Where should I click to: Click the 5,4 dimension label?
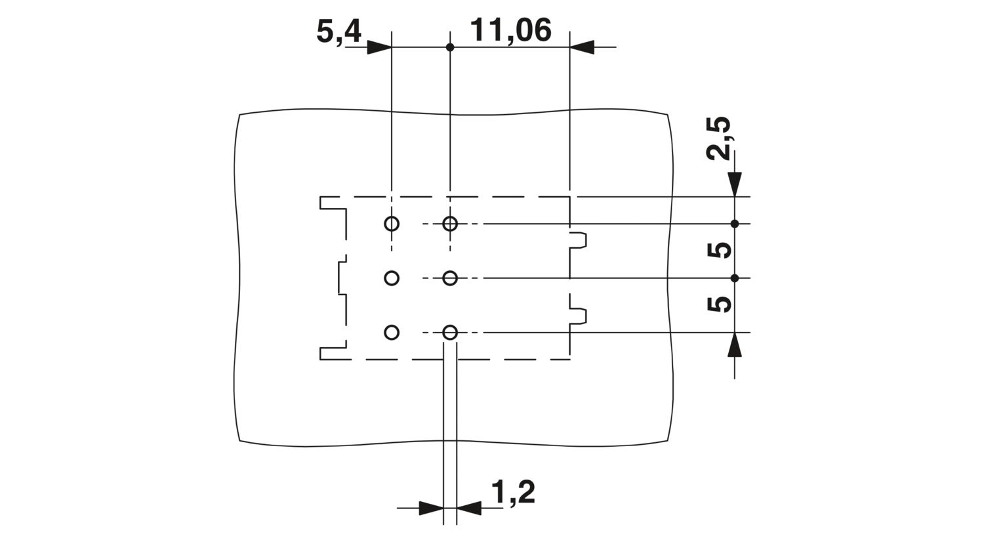[338, 32]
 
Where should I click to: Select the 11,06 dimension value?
[510, 30]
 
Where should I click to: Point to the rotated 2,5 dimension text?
[719, 138]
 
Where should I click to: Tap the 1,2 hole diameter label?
[512, 493]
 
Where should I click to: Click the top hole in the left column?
[392, 224]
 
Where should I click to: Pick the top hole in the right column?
[450, 224]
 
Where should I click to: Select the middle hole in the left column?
[392, 278]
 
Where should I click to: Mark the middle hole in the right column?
[450, 278]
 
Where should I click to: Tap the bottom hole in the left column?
[392, 333]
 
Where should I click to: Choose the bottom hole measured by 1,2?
[450, 333]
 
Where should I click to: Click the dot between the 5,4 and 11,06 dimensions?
[450, 47]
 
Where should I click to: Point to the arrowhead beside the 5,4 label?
[379, 47]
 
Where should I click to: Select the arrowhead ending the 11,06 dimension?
[582, 47]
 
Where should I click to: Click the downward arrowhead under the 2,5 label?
[735, 184]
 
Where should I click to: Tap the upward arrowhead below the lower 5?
[735, 344]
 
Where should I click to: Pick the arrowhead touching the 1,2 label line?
[469, 508]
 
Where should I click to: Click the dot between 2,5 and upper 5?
[735, 224]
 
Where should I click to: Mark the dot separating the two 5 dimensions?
[735, 278]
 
